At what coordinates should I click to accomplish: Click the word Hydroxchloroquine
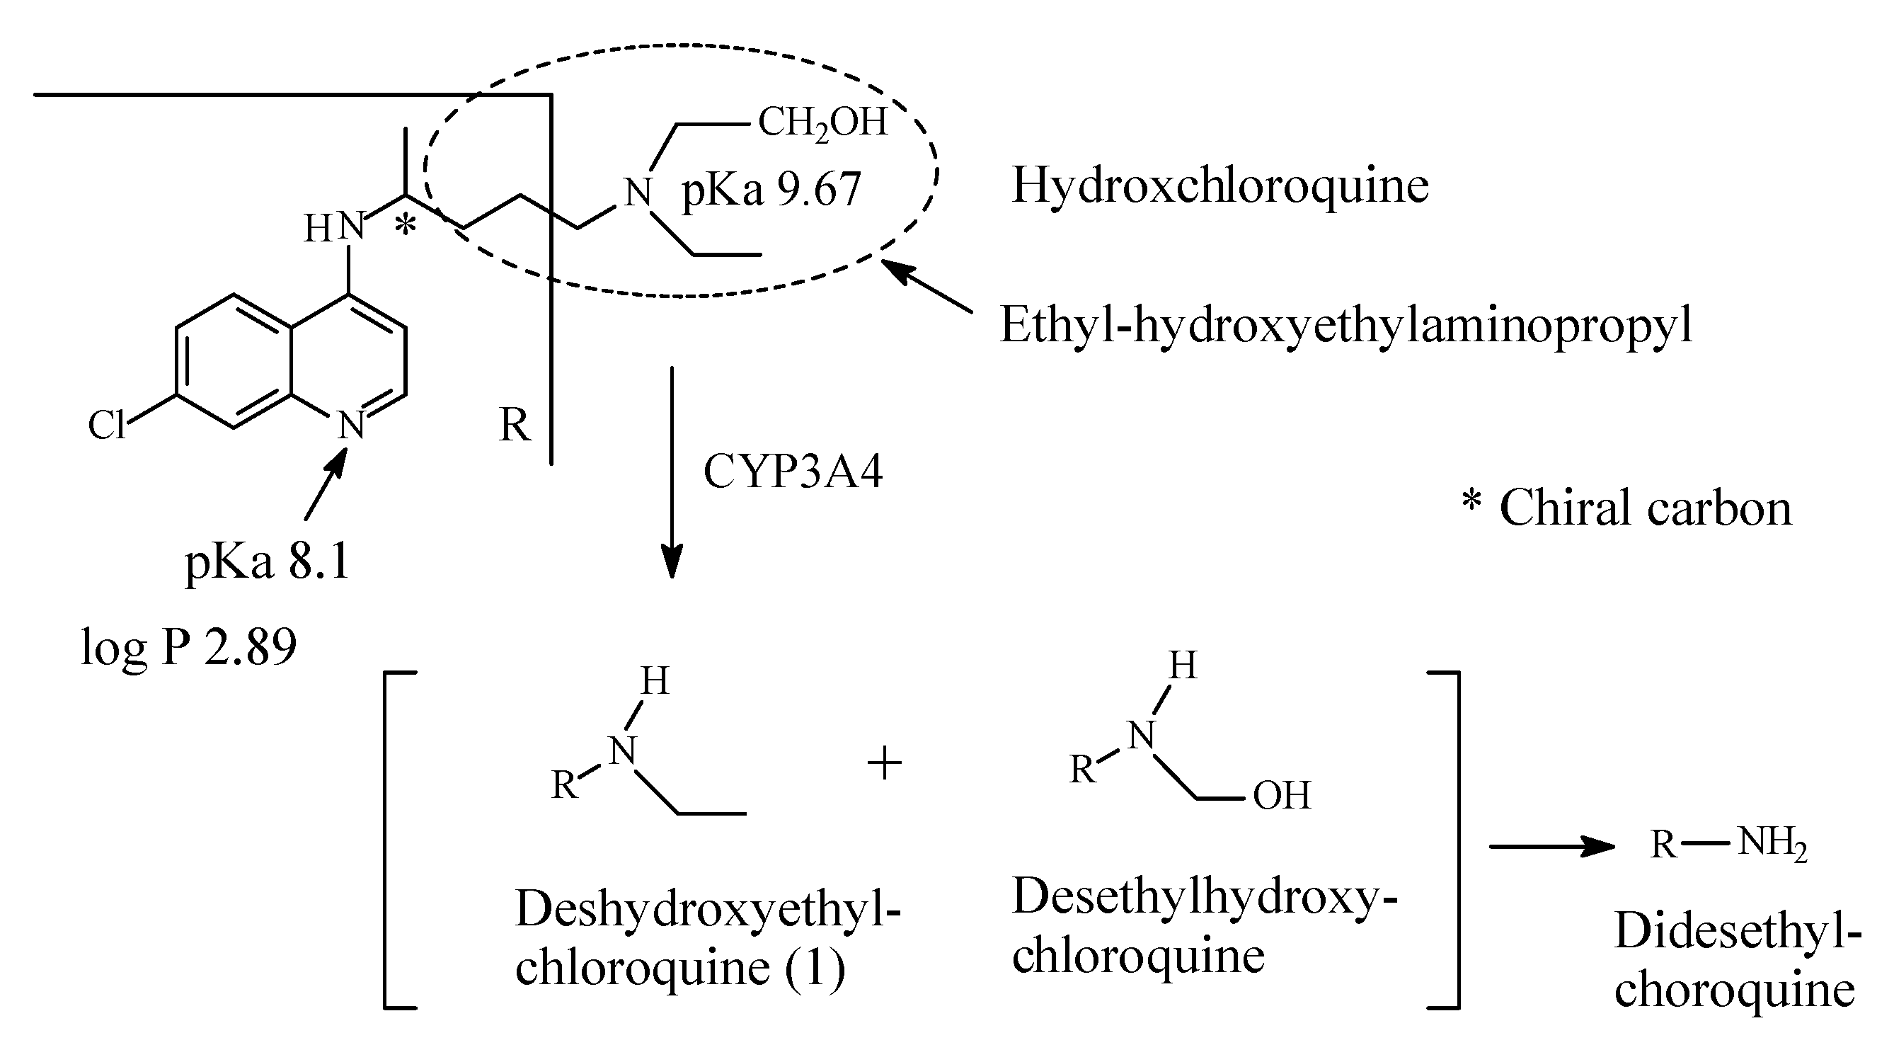tap(1219, 185)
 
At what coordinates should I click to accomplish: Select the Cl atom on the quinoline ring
tap(107, 425)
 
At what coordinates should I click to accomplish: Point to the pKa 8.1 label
tap(267, 563)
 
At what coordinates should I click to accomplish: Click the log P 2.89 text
tap(188, 647)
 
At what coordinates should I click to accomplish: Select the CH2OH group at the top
tap(822, 122)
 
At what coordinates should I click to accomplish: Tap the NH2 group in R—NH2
tap(1772, 843)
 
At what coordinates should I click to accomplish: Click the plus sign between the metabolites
tap(884, 764)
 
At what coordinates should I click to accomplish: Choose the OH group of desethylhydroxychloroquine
tap(1282, 796)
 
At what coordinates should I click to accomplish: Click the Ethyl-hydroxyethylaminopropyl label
tap(1345, 324)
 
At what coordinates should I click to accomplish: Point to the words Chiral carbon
tap(1646, 508)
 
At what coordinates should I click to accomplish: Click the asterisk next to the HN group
tap(405, 225)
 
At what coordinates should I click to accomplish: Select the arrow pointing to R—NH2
tap(1551, 847)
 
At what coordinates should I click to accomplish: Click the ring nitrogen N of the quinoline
tap(352, 426)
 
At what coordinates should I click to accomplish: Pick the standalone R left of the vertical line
tap(514, 425)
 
